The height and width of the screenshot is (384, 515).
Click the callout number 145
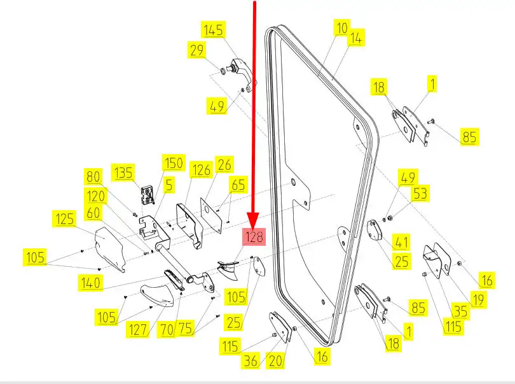point(213,29)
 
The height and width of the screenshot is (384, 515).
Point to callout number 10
point(342,28)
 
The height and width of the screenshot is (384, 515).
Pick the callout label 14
point(355,38)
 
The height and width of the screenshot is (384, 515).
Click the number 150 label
point(172,162)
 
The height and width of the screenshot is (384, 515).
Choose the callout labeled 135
point(123,171)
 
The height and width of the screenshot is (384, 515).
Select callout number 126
point(201,170)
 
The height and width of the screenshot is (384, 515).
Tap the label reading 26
point(223,164)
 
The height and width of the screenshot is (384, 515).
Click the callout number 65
point(238,185)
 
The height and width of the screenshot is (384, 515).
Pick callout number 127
point(137,330)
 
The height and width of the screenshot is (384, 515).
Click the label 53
point(420,193)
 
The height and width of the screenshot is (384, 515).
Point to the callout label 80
point(93,176)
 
